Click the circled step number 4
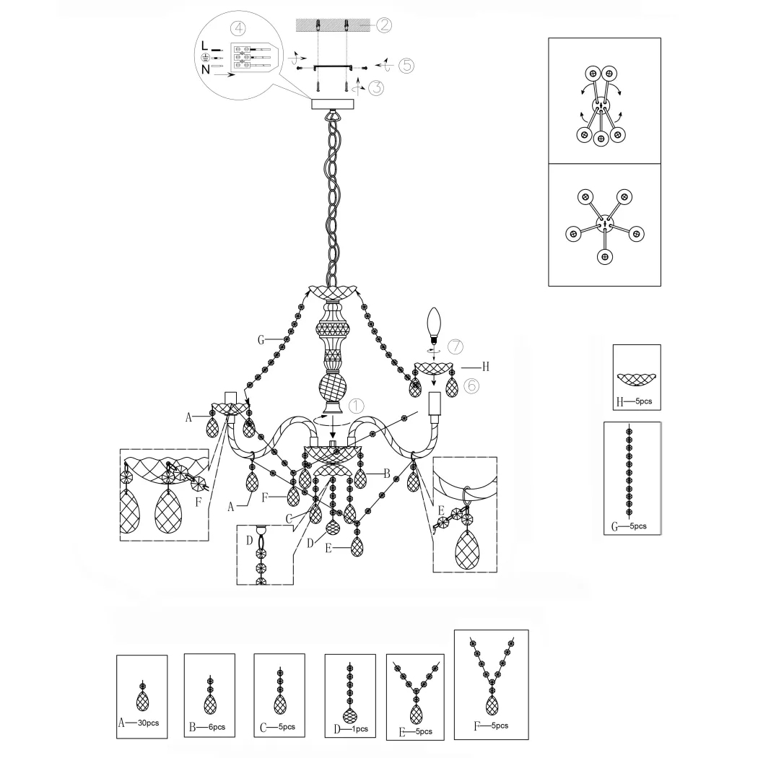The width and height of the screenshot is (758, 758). [238, 29]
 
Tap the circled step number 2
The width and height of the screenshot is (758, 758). [384, 25]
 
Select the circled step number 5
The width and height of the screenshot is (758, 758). [406, 65]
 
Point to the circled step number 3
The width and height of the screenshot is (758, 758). [376, 88]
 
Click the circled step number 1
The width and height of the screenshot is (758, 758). [357, 406]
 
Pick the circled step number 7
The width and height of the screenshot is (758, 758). [456, 347]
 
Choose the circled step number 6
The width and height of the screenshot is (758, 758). [471, 385]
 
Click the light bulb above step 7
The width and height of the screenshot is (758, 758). [434, 326]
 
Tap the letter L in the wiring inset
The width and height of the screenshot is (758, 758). [204, 46]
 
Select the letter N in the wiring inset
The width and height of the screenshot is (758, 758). [206, 69]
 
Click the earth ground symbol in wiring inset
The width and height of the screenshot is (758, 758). [205, 58]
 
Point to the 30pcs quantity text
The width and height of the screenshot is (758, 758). [149, 723]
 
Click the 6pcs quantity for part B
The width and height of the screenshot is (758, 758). [217, 727]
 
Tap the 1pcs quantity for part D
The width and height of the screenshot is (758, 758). [359, 729]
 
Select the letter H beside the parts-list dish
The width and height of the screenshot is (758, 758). [620, 401]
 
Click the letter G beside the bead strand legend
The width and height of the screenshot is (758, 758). [615, 526]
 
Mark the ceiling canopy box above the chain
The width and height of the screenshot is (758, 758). [333, 104]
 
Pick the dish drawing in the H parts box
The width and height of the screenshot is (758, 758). [637, 380]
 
